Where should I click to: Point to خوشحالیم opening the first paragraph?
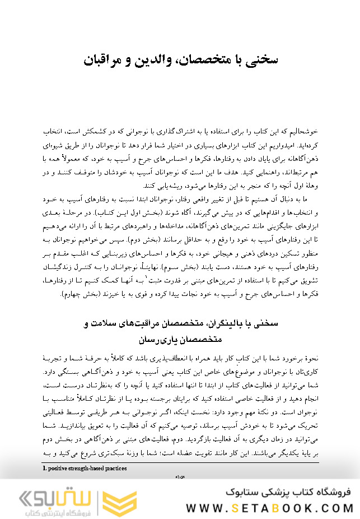pyautogui.click(x=302, y=131)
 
